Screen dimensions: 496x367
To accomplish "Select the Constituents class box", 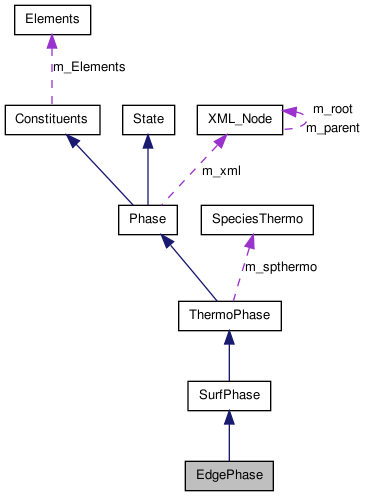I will coord(52,119).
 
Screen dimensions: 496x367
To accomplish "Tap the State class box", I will coord(148,119).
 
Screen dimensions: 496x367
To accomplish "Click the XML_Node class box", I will coord(238,119).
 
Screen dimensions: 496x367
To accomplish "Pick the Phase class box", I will coord(148,218).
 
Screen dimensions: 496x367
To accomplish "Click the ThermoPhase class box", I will coord(229,317).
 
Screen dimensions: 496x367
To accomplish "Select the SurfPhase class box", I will coord(229,395).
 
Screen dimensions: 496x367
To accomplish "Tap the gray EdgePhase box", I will coord(229,473).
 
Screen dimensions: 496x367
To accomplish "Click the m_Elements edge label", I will coord(88,67).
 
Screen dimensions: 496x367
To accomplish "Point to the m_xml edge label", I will coord(222,171).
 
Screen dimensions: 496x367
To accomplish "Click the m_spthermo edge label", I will coord(281,267).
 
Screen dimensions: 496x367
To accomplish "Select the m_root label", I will coord(332,108).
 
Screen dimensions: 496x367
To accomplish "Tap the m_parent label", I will coord(332,128).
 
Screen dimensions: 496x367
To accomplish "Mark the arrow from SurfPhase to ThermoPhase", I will coord(229,356).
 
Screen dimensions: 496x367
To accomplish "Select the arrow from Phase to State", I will coord(148,168).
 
